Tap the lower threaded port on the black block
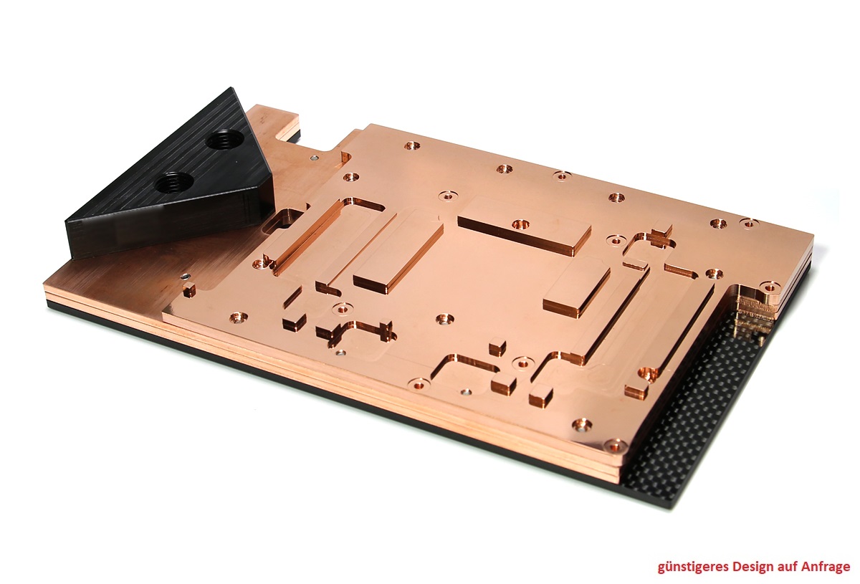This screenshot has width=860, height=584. pyautogui.click(x=173, y=181)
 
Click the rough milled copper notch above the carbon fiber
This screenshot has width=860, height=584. pyautogui.click(x=750, y=305)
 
